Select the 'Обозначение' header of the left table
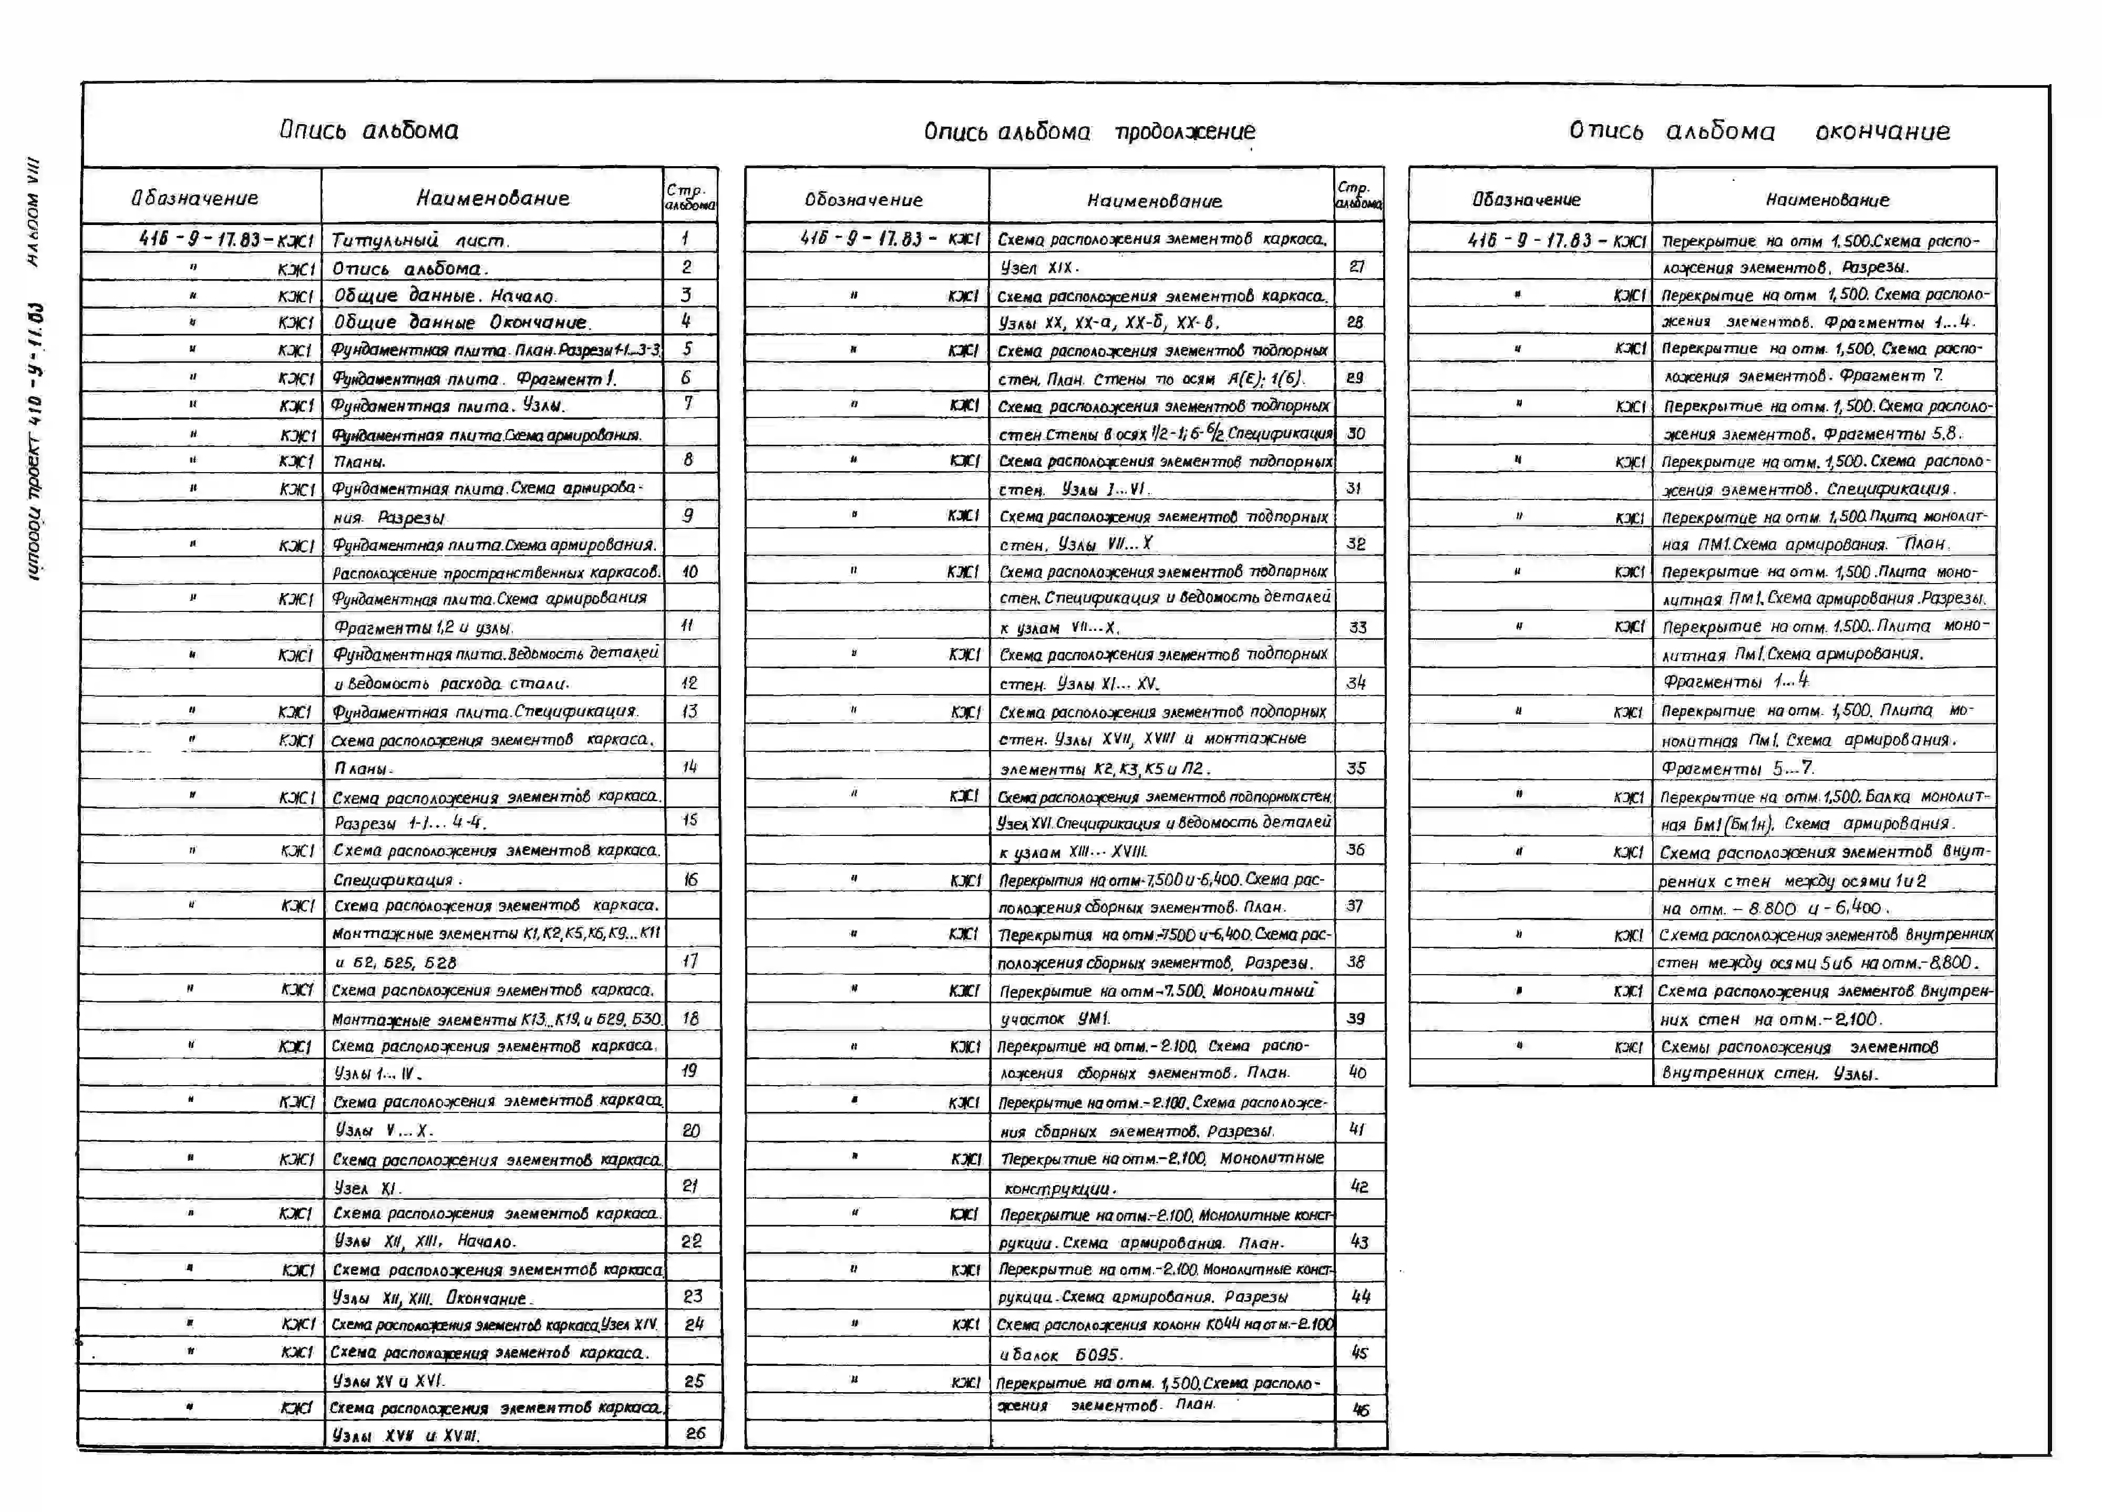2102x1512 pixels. click(194, 198)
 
